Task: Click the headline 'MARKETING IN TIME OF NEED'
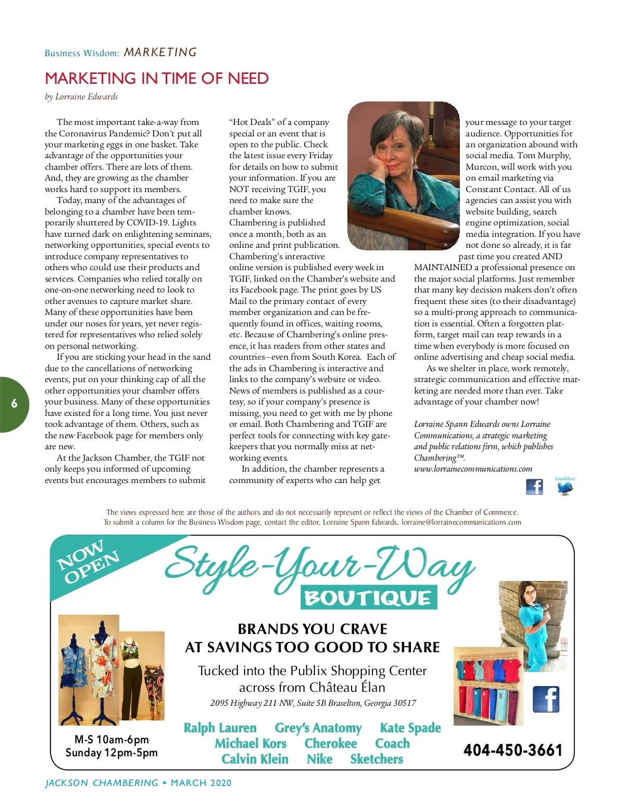pyautogui.click(x=157, y=79)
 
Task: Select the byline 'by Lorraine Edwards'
pyautogui.click(x=81, y=97)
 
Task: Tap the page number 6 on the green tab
pyautogui.click(x=14, y=403)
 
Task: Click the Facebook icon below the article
pyautogui.click(x=534, y=487)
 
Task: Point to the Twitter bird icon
pyautogui.click(x=565, y=487)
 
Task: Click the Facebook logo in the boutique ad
pyautogui.click(x=545, y=699)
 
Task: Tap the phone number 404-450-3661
pyautogui.click(x=513, y=750)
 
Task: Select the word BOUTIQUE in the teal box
pyautogui.click(x=368, y=598)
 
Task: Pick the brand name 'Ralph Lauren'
pyautogui.click(x=220, y=728)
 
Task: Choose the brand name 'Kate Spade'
pyautogui.click(x=410, y=728)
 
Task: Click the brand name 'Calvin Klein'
pyautogui.click(x=255, y=759)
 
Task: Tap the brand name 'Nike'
pyautogui.click(x=319, y=759)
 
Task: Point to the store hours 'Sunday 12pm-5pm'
pyautogui.click(x=111, y=753)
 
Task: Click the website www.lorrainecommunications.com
pyautogui.click(x=473, y=469)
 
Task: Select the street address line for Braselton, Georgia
pyautogui.click(x=313, y=703)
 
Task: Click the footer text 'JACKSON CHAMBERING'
pyautogui.click(x=102, y=783)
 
